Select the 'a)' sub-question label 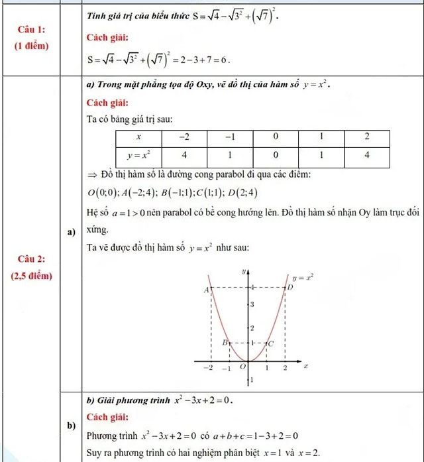coord(71,232)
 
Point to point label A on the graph coord(206,290)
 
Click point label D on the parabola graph coord(290,288)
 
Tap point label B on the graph coord(224,343)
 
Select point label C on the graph coord(271,343)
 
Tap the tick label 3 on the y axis coord(251,304)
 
